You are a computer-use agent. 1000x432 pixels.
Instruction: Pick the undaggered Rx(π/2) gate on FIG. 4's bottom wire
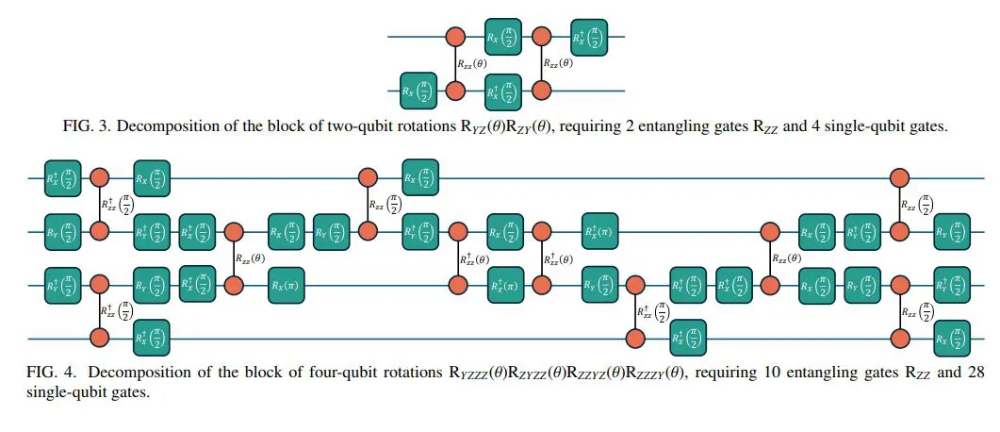point(951,337)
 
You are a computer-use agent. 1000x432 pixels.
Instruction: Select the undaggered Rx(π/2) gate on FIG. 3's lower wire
point(418,91)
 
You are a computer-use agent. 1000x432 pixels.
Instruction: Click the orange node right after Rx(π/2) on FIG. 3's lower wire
point(456,91)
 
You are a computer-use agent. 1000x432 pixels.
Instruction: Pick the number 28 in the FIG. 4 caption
point(975,373)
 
